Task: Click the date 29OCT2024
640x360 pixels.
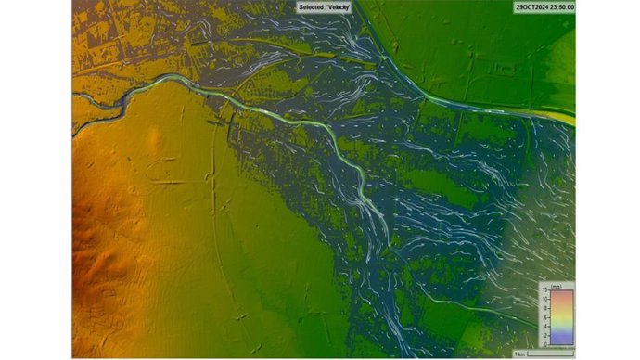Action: click(530, 6)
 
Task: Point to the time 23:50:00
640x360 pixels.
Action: click(561, 6)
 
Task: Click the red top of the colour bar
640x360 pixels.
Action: click(560, 294)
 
